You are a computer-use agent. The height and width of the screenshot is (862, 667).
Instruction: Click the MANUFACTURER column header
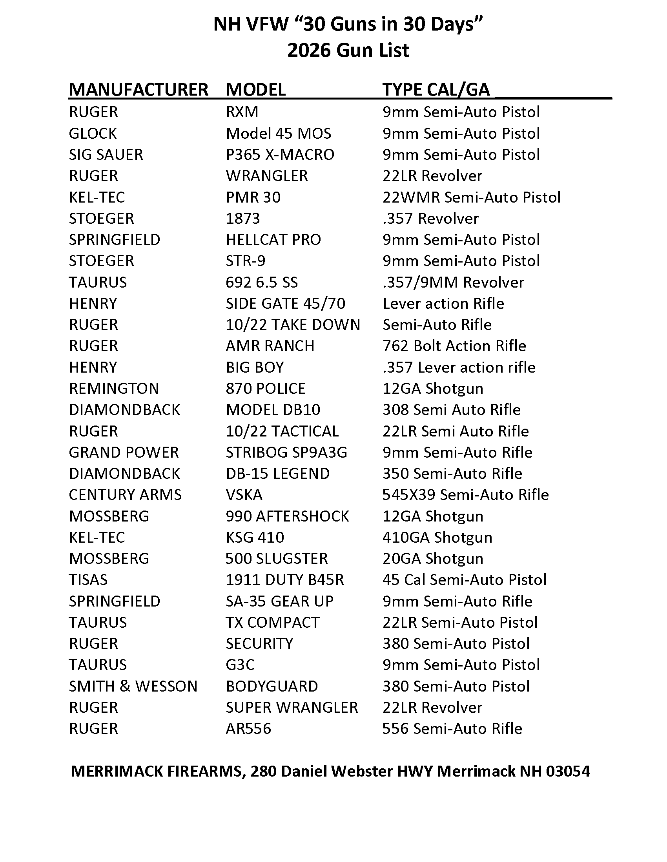[x=138, y=90]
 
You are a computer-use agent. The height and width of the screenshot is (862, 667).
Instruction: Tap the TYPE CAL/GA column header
[x=436, y=90]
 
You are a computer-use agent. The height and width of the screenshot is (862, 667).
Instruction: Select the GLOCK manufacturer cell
[x=93, y=133]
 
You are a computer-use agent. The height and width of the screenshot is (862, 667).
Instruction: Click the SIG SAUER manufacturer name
[x=106, y=155]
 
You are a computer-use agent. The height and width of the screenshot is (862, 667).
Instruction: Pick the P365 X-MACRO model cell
[x=280, y=155]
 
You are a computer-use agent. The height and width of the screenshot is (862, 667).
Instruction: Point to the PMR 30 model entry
[x=253, y=197]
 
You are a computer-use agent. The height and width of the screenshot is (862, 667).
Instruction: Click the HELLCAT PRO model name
[x=273, y=239]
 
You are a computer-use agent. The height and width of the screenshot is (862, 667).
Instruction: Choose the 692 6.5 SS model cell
[x=262, y=282]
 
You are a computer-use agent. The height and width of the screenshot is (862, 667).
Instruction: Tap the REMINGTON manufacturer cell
[x=114, y=389]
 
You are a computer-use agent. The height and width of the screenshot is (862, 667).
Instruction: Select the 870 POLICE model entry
[x=266, y=389]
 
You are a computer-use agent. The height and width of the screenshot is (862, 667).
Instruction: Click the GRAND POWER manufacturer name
[x=124, y=452]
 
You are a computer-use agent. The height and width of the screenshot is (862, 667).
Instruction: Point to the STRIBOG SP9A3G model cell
[x=286, y=452]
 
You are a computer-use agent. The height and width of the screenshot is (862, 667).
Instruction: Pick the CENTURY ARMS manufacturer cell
[x=125, y=495]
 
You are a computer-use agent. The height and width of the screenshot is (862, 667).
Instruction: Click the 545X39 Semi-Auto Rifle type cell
[x=465, y=495]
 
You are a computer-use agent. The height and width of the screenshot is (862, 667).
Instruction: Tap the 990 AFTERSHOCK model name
[x=287, y=516]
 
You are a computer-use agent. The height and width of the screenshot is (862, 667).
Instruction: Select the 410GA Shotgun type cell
[x=437, y=538]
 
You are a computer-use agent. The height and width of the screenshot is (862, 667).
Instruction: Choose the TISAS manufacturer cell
[x=88, y=580]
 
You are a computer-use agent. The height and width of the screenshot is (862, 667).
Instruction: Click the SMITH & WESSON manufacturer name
[x=133, y=686]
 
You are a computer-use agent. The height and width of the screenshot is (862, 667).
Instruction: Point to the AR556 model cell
[x=248, y=729]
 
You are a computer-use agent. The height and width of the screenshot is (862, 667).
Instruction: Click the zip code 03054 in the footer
[x=568, y=771]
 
